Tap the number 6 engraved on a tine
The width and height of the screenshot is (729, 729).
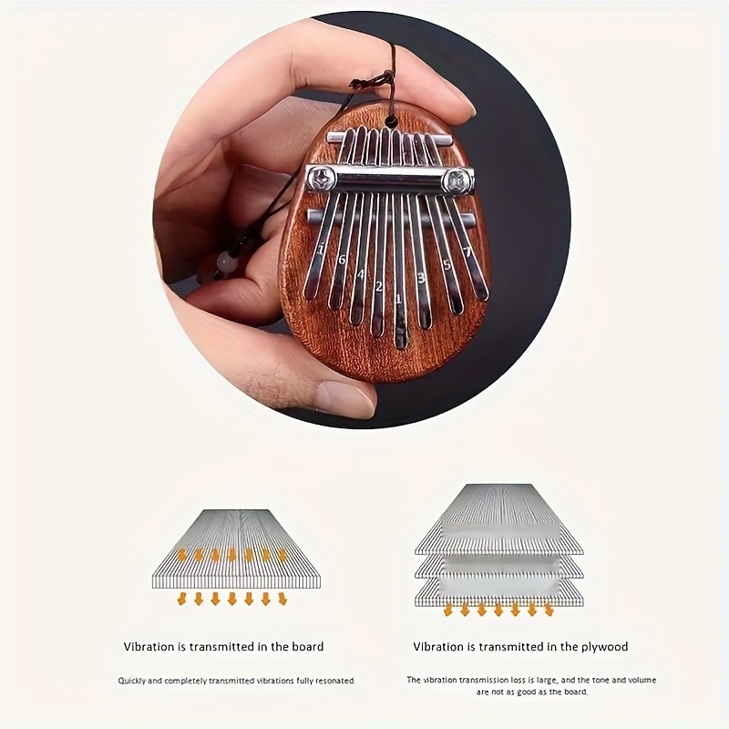click(342, 260)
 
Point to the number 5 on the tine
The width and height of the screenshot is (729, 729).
click(447, 265)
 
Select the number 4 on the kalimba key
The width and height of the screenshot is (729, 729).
click(361, 274)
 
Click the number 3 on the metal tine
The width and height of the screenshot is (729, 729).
click(422, 277)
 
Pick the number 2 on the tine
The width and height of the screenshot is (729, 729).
click(379, 286)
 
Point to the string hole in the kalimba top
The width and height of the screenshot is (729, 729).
click(393, 119)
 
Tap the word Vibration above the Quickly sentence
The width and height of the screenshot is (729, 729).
click(149, 647)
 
